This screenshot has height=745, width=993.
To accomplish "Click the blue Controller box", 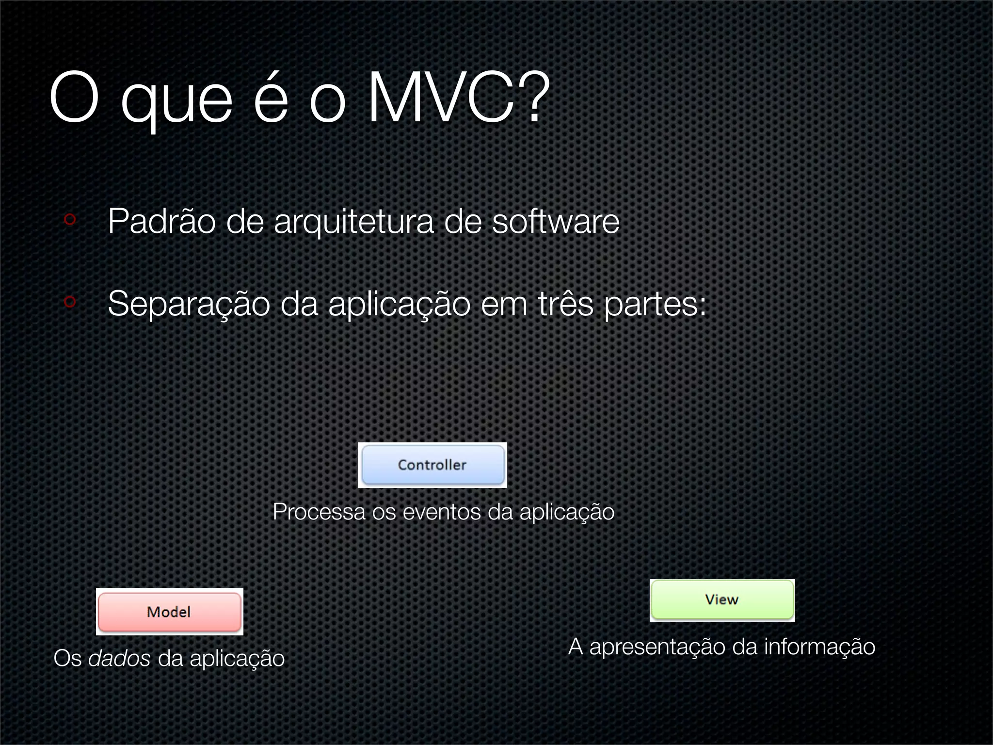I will click(x=432, y=465).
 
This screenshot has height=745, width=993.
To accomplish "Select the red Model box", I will click(x=169, y=612).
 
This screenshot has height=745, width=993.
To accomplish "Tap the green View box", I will click(x=722, y=600).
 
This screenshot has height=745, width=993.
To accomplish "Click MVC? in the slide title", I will click(x=459, y=98).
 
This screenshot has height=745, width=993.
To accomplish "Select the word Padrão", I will click(x=161, y=222).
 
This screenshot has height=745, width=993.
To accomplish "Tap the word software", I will click(x=556, y=222).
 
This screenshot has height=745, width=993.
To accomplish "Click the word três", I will click(x=565, y=304).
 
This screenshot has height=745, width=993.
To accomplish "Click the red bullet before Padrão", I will click(x=70, y=219).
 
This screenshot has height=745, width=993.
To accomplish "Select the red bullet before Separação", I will click(x=70, y=302).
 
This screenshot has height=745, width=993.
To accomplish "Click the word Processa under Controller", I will click(x=319, y=512).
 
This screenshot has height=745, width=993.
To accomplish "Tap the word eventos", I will click(x=442, y=512).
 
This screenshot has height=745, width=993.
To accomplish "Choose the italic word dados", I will click(x=119, y=658).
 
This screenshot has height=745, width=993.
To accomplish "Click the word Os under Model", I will click(x=67, y=658).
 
